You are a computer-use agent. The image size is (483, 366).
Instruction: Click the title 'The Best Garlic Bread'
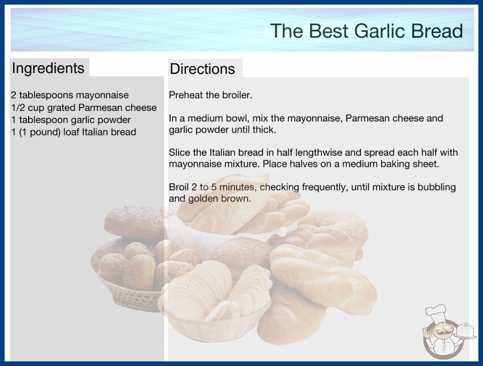point(367,31)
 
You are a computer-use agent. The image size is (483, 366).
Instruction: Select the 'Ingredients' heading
point(48,68)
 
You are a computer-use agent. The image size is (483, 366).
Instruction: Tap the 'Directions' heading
point(202,69)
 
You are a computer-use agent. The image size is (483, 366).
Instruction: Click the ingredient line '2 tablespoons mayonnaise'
point(70,95)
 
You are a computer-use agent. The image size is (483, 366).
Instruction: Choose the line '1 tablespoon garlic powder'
point(71,120)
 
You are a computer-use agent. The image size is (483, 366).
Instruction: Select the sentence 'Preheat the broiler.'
point(211,95)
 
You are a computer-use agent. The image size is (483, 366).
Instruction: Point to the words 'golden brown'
point(219,199)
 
